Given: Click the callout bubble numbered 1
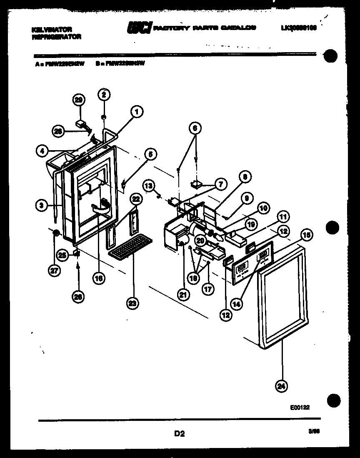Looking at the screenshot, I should click(136, 111).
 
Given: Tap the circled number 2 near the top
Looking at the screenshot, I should click(104, 95).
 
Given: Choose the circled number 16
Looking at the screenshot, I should click(98, 278).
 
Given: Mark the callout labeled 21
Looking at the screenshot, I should click(182, 294).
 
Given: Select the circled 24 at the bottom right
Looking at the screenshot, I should click(282, 387).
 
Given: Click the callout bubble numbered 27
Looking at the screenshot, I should click(54, 270).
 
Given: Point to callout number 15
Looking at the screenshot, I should click(306, 235).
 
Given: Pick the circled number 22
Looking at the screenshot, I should click(134, 200).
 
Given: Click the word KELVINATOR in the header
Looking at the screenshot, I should click(52, 30).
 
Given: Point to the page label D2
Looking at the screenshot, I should click(179, 434).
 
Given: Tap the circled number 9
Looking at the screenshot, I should click(246, 199).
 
